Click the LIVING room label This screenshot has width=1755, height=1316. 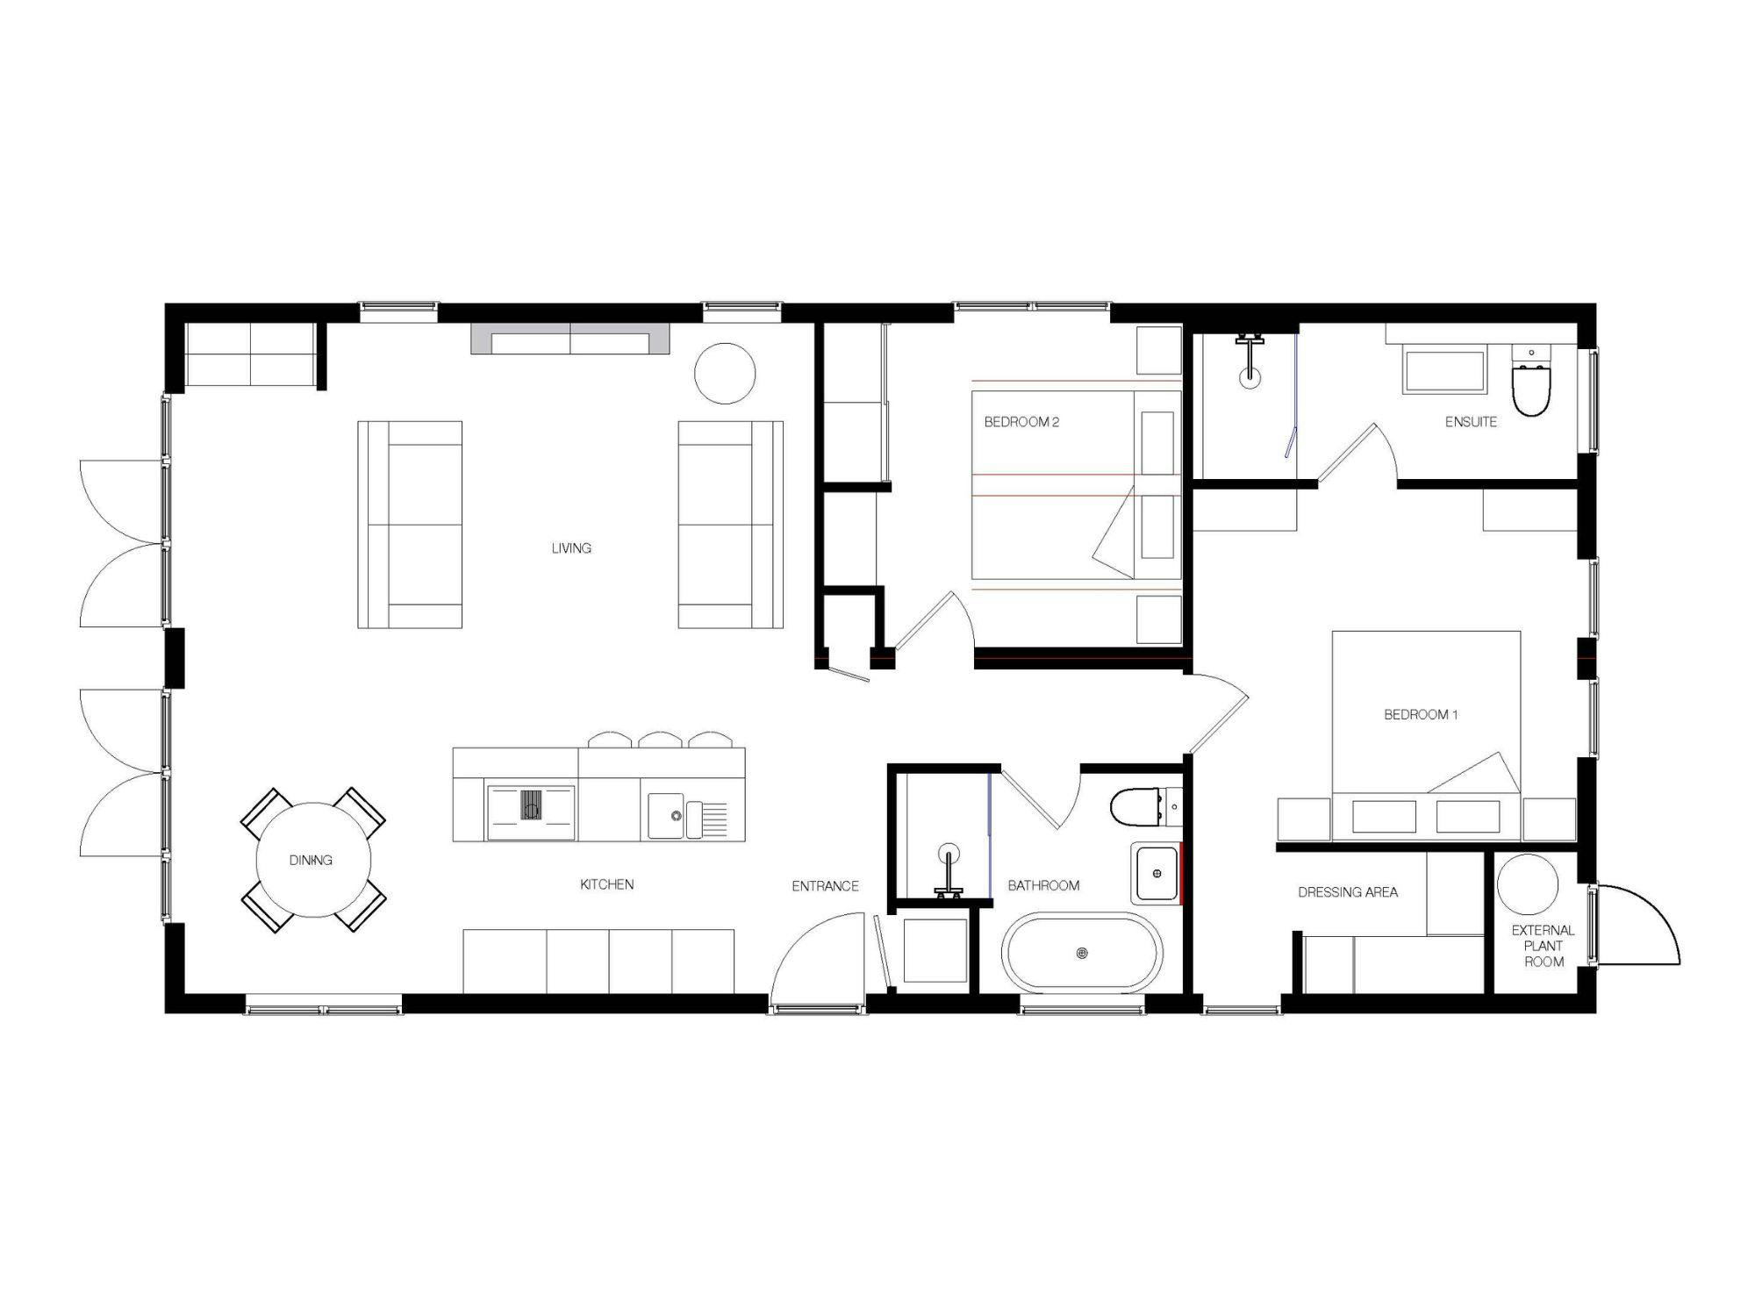(x=571, y=548)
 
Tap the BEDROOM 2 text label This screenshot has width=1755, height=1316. (x=1021, y=422)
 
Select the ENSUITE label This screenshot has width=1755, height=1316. (x=1471, y=422)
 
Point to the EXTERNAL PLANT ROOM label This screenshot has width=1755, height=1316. (x=1544, y=946)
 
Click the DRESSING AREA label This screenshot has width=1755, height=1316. (x=1348, y=892)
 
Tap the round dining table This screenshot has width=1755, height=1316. (x=313, y=860)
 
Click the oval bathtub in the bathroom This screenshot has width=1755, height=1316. (x=1082, y=953)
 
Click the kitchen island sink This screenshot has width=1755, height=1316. (x=677, y=816)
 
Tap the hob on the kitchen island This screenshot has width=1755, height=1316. (x=532, y=805)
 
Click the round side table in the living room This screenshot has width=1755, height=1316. (x=725, y=373)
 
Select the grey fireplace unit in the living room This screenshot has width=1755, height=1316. (x=570, y=339)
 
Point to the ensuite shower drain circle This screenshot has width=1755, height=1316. (x=1250, y=378)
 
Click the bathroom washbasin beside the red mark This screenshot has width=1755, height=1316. (x=1156, y=873)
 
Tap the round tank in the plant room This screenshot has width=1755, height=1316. (x=1528, y=883)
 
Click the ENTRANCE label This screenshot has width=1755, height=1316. (x=825, y=886)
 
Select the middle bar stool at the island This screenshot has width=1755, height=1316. (x=661, y=740)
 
